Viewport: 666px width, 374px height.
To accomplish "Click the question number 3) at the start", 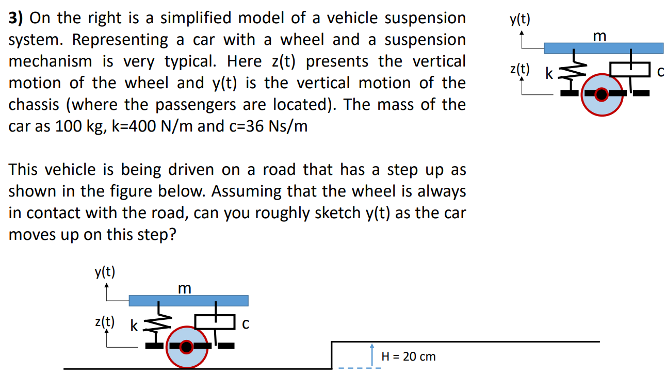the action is click(16, 19).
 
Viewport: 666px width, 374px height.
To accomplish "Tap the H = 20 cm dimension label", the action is click(408, 356).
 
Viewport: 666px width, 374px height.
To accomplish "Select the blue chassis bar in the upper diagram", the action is click(603, 48).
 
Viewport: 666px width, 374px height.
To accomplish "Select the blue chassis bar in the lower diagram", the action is click(188, 300).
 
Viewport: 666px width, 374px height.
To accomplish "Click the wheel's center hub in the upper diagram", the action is click(601, 94).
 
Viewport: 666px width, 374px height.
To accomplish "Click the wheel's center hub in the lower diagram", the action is click(187, 346).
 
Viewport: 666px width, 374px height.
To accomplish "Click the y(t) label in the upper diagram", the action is click(519, 20).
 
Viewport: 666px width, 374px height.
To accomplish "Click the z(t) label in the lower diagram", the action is click(105, 321).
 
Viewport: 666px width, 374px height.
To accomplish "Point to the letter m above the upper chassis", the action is click(599, 36).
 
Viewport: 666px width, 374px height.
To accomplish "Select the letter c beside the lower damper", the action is click(246, 324).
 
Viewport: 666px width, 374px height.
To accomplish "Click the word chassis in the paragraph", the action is click(34, 105).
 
